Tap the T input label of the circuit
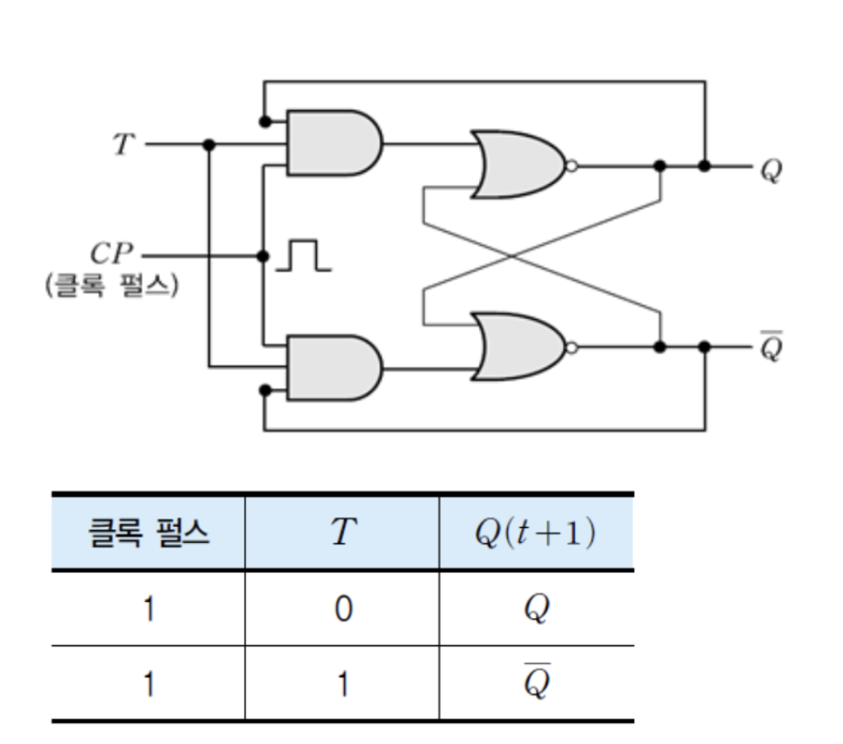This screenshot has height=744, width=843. click(124, 144)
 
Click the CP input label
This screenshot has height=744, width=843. click(111, 255)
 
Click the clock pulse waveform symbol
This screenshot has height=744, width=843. click(303, 257)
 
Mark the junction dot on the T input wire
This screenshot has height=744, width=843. click(209, 144)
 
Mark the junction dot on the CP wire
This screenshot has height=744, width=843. click(262, 256)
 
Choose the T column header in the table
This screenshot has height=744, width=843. click(341, 533)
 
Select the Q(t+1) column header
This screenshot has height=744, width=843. click(535, 533)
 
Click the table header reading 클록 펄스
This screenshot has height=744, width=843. click(148, 533)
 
